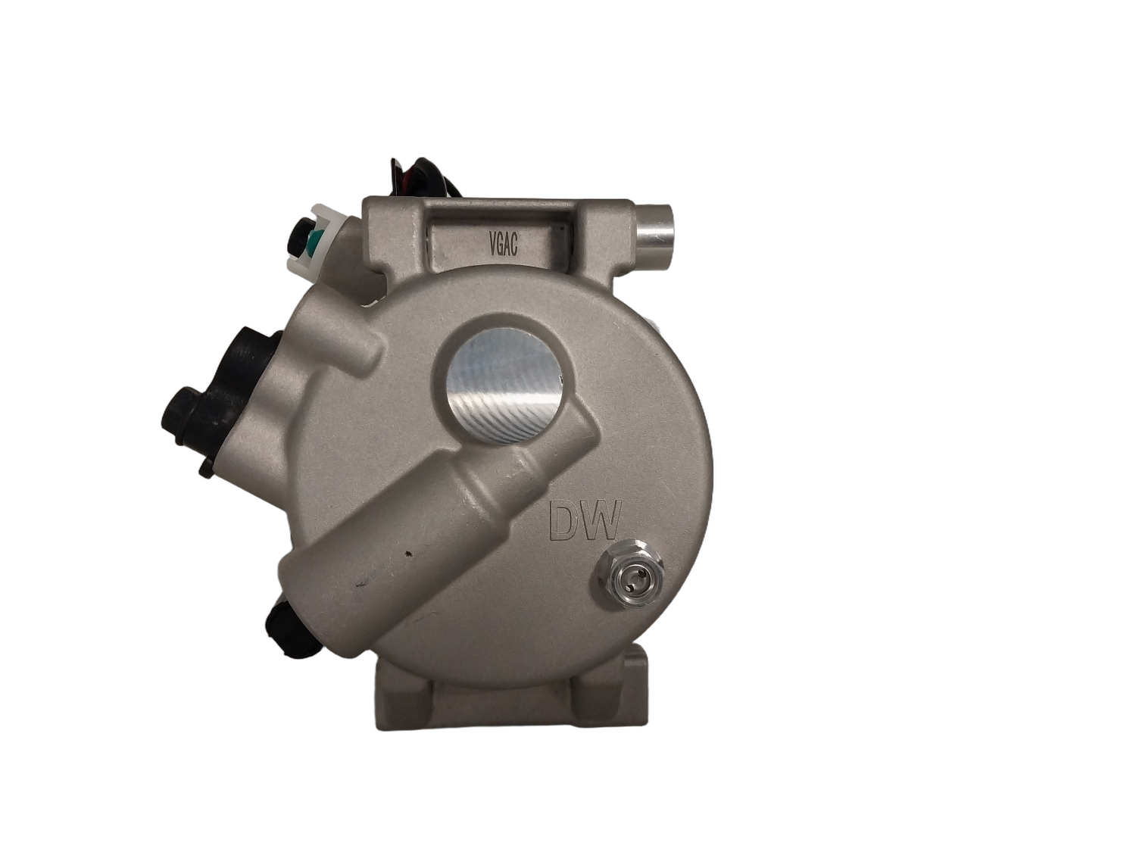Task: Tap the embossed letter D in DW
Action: [x=566, y=522]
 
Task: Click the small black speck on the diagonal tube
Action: [x=410, y=554]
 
